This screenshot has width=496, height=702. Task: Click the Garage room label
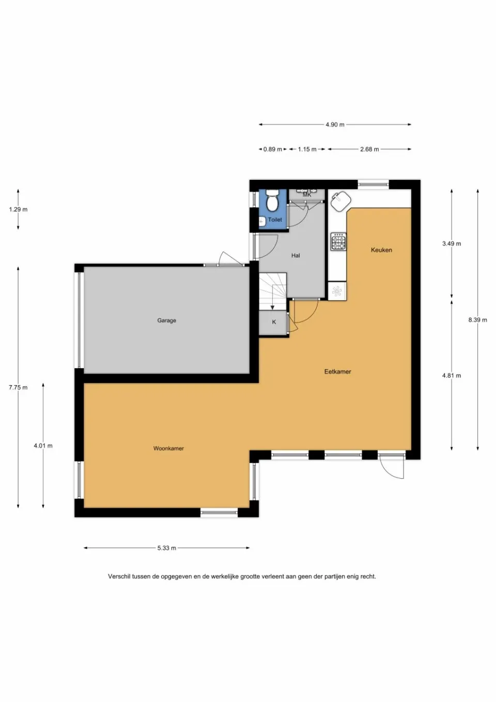pyautogui.click(x=166, y=321)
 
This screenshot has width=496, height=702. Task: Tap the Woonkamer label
pyautogui.click(x=168, y=449)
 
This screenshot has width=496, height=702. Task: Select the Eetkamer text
pyautogui.click(x=337, y=371)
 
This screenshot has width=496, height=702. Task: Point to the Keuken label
pyautogui.click(x=381, y=250)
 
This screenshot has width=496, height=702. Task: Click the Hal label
pyautogui.click(x=296, y=255)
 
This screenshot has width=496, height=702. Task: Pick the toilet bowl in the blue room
pyautogui.click(x=271, y=201)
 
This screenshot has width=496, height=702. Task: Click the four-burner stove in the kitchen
pyautogui.click(x=339, y=241)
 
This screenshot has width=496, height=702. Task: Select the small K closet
pyautogui.click(x=274, y=322)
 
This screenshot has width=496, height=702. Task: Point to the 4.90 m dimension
pyautogui.click(x=335, y=125)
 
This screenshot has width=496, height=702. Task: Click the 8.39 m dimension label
pyautogui.click(x=477, y=320)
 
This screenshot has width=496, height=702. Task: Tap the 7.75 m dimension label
pyautogui.click(x=18, y=387)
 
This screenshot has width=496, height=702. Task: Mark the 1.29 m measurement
pyautogui.click(x=18, y=209)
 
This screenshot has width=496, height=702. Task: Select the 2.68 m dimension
pyautogui.click(x=369, y=149)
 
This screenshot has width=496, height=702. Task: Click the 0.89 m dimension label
pyautogui.click(x=272, y=149)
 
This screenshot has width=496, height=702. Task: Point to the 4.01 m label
pyautogui.click(x=43, y=446)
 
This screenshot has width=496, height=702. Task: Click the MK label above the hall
pyautogui.click(x=307, y=194)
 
